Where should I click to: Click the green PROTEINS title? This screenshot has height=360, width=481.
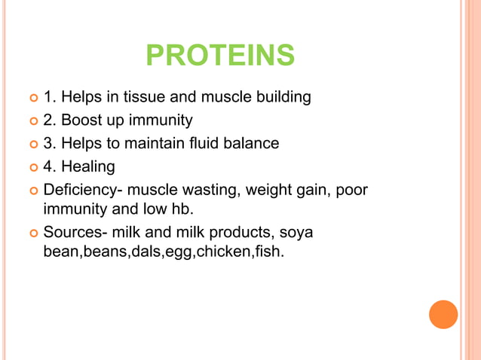coord(219,55)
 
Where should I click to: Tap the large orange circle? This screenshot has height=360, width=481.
coord(443,314)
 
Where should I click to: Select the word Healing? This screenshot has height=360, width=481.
coord(89,166)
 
